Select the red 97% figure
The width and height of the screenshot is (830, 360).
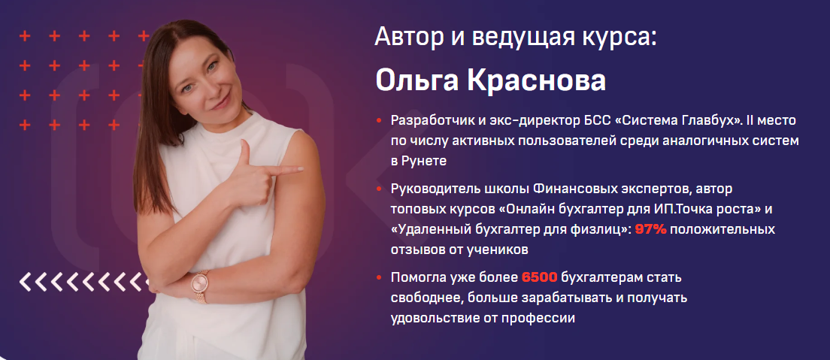[x=650, y=229]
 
